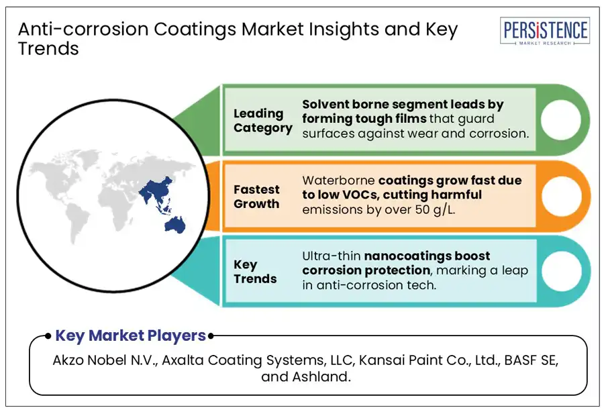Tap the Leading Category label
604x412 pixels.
pos(262,121)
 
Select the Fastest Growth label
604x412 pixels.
pos(256,197)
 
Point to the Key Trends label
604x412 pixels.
pos(254,272)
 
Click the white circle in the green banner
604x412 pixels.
pos(560,119)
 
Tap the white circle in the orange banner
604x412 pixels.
pos(561,196)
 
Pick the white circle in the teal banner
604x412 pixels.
pos(561,270)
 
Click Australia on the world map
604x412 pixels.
pos(175,224)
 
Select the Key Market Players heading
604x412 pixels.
pos(131,336)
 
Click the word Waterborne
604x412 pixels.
pos(338,181)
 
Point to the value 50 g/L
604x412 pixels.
pos(435,210)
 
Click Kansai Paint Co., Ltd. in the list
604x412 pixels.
pos(429,360)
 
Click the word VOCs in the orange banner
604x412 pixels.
pos(360,195)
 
